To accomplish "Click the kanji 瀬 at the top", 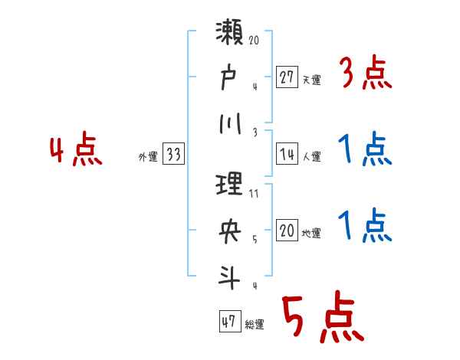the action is click(231, 36).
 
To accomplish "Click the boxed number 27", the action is click(287, 77).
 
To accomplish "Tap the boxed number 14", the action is click(287, 155).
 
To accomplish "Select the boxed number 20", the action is click(287, 231).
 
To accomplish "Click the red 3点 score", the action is click(365, 74).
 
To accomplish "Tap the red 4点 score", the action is click(74, 151).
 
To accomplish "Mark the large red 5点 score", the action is click(322, 318).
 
